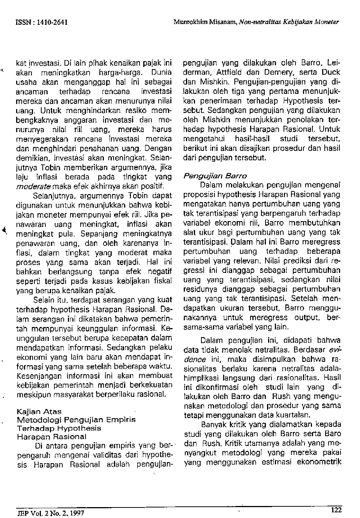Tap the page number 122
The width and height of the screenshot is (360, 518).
(336, 509)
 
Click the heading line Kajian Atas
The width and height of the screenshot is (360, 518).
(39, 411)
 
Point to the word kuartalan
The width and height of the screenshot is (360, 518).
(294, 415)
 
